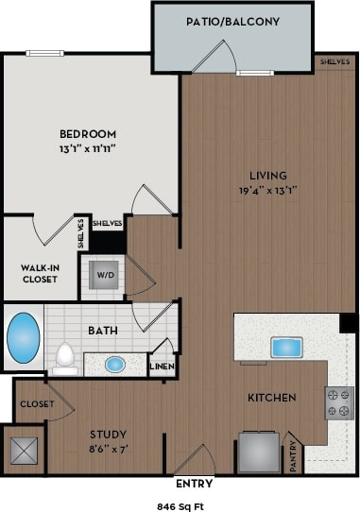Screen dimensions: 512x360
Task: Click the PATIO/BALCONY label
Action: pos(231,20)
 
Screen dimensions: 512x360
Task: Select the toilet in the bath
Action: pos(65,355)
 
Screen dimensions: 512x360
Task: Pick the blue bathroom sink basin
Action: pos(114,364)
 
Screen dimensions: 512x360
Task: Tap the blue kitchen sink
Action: pos(284,347)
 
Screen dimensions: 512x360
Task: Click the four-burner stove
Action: pos(339,402)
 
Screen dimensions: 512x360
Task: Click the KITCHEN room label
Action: pos(272,397)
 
